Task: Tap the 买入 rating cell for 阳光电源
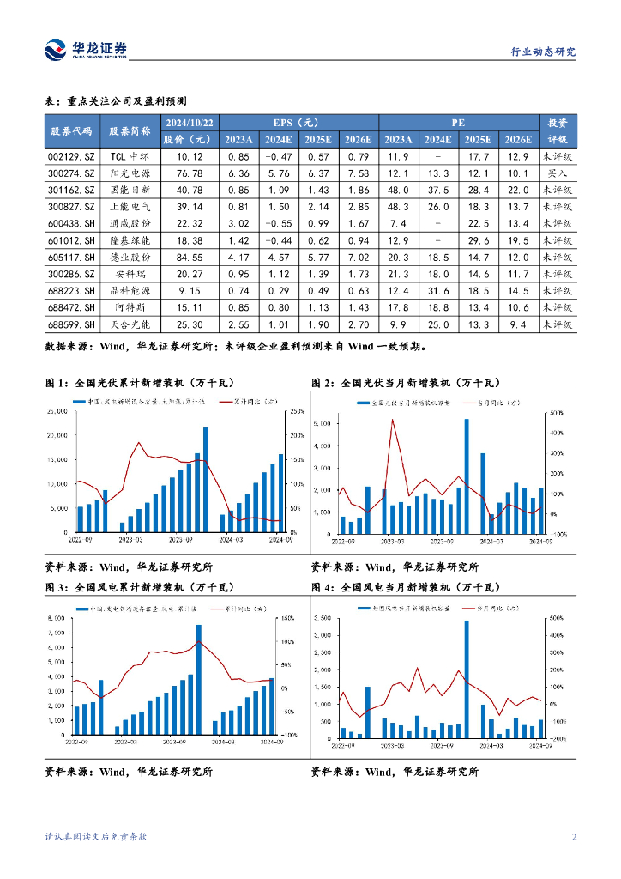tap(558, 173)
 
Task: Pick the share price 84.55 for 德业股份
tap(189, 257)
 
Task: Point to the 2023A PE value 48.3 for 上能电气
tap(397, 207)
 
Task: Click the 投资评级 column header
tap(558, 130)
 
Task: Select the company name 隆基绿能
tap(130, 240)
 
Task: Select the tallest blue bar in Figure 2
tap(467, 476)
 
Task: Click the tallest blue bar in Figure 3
tap(199, 679)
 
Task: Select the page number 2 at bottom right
tap(573, 837)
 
